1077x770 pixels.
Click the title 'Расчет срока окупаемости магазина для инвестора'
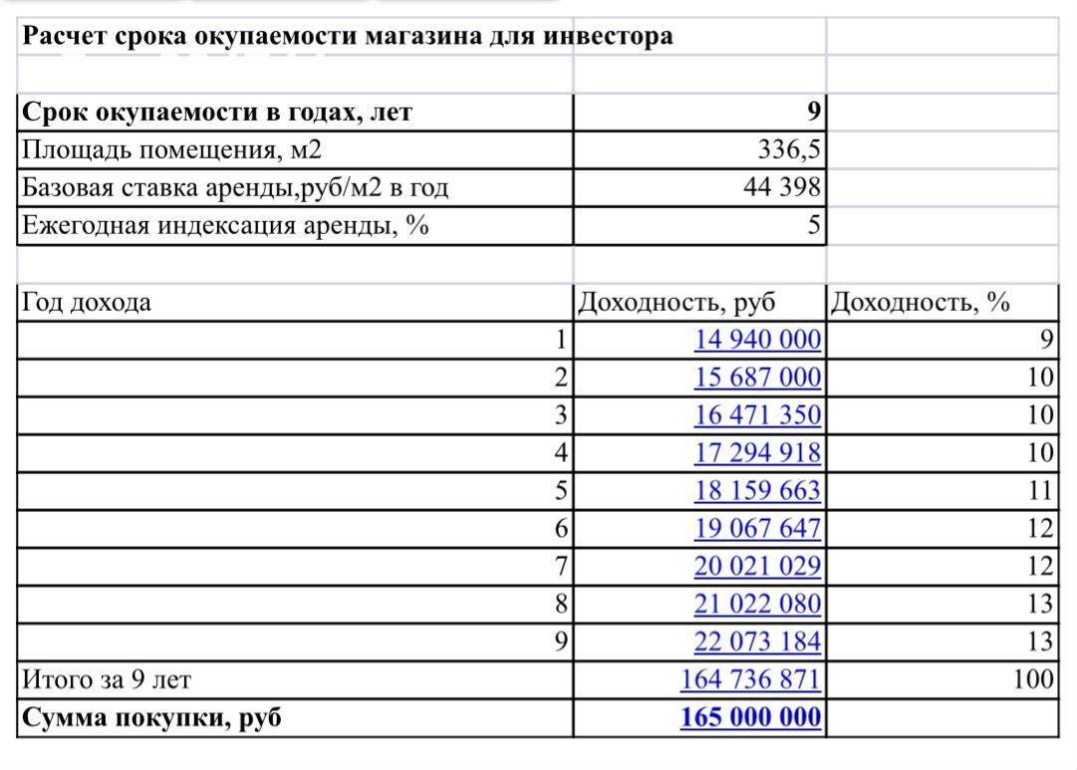click(347, 37)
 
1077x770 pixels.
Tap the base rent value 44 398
click(782, 187)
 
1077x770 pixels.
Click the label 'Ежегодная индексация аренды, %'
click(225, 225)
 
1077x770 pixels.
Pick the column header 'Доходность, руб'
click(676, 302)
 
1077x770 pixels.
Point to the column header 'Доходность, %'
click(920, 302)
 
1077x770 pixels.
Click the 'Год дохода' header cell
click(87, 302)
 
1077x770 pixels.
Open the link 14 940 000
click(757, 340)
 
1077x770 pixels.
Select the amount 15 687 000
click(757, 378)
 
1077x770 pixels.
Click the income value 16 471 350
click(757, 415)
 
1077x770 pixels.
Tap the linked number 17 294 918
click(757, 453)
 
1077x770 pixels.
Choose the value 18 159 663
click(757, 491)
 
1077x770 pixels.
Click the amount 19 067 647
click(757, 529)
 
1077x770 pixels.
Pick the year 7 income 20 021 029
click(757, 567)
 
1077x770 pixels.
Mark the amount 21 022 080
click(757, 604)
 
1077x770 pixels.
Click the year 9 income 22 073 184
click(757, 642)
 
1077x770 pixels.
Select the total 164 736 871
click(750, 679)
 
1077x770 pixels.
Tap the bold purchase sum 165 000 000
click(750, 717)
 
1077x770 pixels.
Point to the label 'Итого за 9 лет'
click(106, 679)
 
